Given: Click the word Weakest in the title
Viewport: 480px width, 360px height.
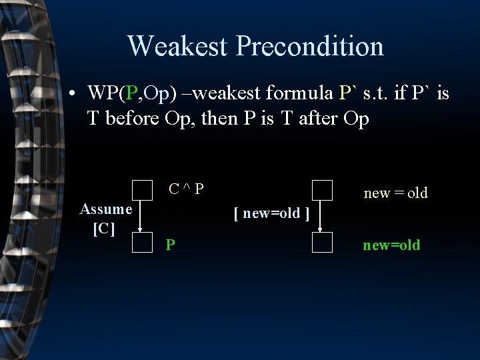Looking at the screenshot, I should click(178, 46).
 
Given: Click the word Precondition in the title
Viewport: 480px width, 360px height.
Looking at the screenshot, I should click(310, 46).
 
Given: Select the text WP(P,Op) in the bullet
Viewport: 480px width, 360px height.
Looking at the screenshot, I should click(131, 93).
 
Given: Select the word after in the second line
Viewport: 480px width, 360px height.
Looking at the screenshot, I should click(320, 119).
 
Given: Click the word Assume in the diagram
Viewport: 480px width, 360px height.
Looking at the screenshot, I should click(105, 209).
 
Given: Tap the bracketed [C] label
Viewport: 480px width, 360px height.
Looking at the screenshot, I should click(104, 228).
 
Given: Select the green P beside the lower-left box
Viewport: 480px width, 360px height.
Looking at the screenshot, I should click(171, 245).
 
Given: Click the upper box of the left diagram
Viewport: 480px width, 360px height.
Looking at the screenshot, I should click(142, 191).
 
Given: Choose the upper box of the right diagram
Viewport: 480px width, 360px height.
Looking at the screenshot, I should click(322, 191).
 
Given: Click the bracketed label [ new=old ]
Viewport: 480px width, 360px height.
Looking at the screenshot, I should click(271, 214).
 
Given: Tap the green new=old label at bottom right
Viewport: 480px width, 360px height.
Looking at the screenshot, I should click(391, 245).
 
